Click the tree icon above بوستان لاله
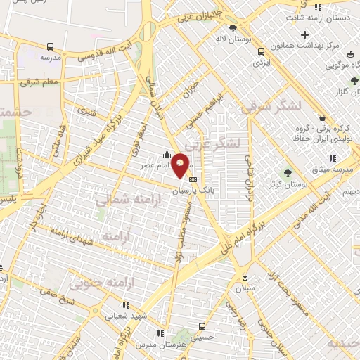(x=233, y=27)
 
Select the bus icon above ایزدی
(x=262, y=51)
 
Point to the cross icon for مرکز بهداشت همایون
(x=304, y=34)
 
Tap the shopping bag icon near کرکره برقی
(x=322, y=117)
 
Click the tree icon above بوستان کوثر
(x=286, y=173)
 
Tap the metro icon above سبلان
(x=244, y=277)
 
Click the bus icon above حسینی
(x=202, y=326)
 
